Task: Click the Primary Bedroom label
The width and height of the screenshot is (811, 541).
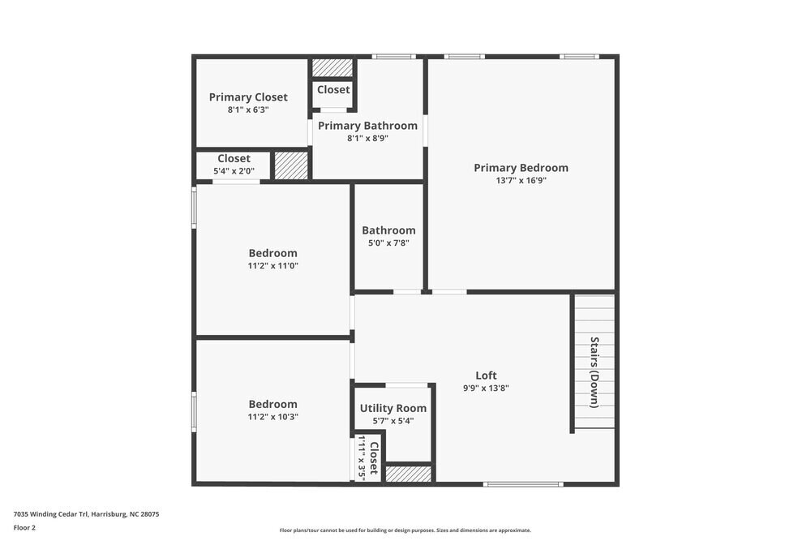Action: pos(521,168)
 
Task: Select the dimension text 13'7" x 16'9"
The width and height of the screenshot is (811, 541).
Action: pos(521,181)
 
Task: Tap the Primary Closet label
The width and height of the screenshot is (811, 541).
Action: pos(248,97)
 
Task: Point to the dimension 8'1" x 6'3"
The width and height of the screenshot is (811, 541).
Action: pos(248,109)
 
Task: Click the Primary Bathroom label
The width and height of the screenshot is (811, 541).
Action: pos(367,126)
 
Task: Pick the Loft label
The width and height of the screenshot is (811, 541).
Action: pos(486,375)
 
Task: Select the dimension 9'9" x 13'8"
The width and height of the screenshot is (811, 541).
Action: pos(486,388)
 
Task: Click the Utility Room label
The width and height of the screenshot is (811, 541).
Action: pos(393,408)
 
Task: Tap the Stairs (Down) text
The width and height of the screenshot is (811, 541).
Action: pos(594,371)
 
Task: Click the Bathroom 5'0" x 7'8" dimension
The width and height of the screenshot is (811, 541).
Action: pos(388,243)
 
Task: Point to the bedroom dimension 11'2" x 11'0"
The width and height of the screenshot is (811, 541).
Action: pos(272,265)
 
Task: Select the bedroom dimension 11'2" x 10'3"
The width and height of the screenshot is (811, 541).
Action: pos(272,417)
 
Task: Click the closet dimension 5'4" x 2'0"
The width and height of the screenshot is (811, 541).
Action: pos(234,171)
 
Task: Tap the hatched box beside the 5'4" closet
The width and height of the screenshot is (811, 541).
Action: pos(291,165)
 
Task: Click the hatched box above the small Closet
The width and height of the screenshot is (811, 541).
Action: pos(333,67)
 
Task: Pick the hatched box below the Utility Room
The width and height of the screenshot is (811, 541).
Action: pos(408,474)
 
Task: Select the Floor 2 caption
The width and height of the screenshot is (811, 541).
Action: pos(24,527)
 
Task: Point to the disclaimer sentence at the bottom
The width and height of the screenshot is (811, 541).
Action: pos(405,530)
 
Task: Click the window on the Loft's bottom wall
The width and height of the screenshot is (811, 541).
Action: pos(522,484)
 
